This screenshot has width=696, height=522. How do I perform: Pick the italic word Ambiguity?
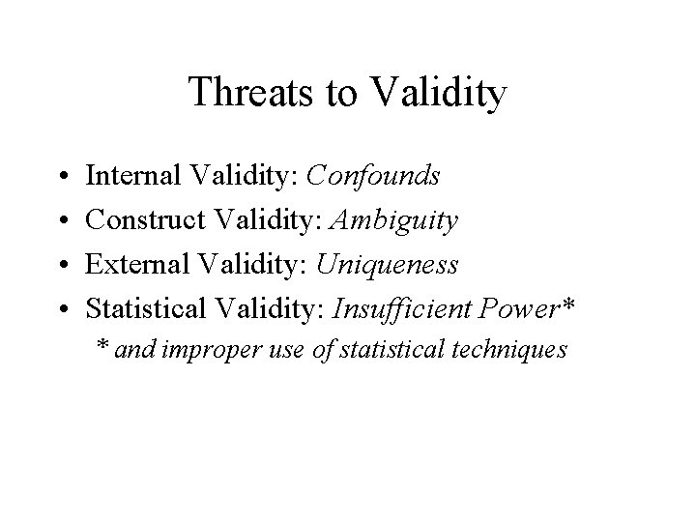tap(394, 220)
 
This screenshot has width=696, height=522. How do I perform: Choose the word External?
tap(130, 265)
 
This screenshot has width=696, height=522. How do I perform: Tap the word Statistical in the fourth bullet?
tap(145, 309)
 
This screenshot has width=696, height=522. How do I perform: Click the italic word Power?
tap(513, 309)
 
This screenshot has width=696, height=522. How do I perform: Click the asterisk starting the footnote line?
tap(102, 346)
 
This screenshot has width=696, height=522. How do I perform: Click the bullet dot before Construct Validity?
tap(62, 222)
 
